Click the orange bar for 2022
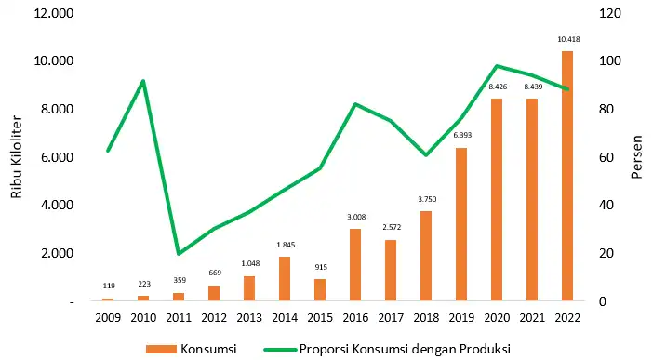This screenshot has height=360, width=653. [567, 177]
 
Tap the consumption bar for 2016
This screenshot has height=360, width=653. [355, 265]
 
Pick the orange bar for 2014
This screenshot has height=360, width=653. [285, 279]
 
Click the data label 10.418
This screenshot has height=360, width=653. [567, 40]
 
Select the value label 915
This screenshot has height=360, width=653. [320, 268]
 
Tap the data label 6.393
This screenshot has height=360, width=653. [461, 137]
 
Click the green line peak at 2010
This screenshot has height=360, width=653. [143, 81]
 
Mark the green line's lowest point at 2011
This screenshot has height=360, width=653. [179, 254]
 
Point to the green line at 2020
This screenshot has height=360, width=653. [497, 66]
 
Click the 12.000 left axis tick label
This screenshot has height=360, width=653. [55, 13]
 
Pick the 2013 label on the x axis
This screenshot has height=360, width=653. [249, 318]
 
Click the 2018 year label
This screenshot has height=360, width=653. [426, 318]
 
